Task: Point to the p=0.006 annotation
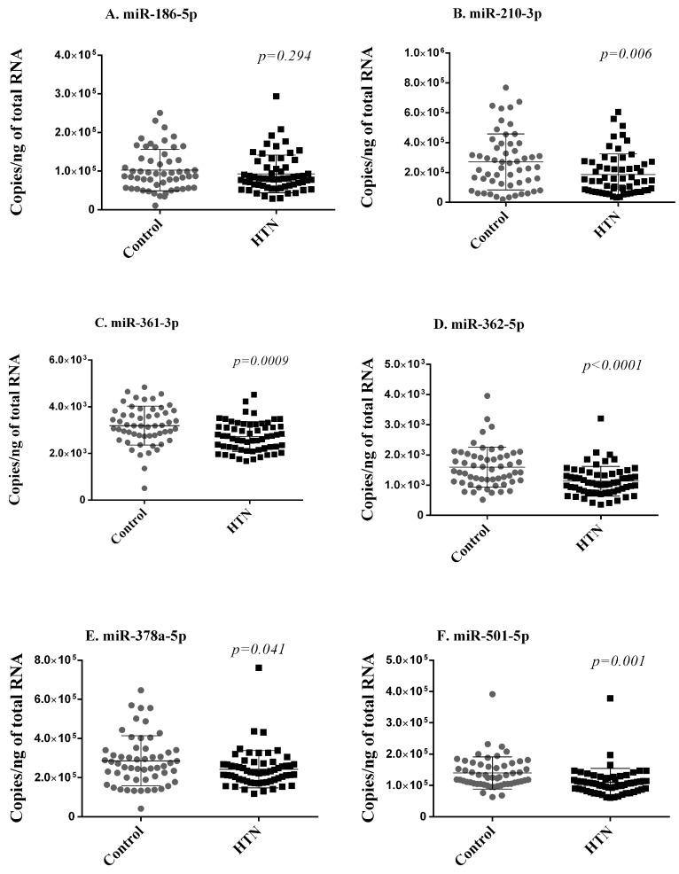tap(626, 54)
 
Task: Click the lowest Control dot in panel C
tap(144, 488)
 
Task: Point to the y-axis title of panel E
tap(18, 737)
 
